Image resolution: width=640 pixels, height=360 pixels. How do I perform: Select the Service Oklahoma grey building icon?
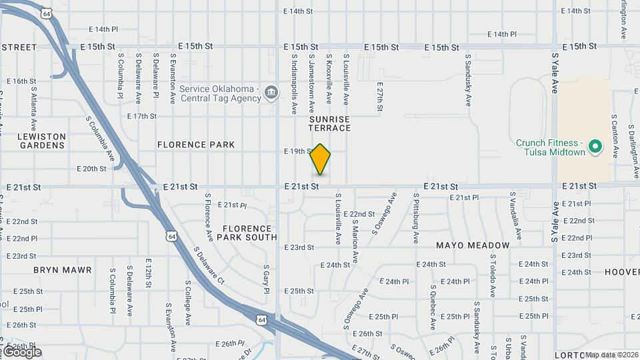point(271,92)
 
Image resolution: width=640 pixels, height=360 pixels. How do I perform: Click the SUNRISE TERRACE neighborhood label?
point(329,123)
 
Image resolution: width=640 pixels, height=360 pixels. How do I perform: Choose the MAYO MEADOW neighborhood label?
point(473,245)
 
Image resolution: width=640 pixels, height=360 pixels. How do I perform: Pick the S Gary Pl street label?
point(265,281)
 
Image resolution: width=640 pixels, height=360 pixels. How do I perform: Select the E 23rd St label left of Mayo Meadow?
point(299,247)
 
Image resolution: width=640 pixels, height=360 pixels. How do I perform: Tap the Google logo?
point(21,351)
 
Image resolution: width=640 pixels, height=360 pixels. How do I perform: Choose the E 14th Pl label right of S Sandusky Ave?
point(502,34)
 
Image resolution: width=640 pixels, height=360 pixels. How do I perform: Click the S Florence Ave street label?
point(209,218)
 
